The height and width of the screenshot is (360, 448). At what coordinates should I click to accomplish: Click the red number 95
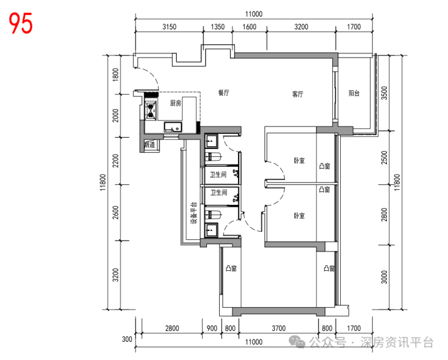click(21, 23)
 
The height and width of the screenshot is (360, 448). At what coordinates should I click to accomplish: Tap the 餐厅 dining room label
click(224, 93)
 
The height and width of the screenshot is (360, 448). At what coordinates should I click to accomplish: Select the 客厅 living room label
click(298, 94)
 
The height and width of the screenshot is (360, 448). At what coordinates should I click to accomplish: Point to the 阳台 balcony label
click(354, 93)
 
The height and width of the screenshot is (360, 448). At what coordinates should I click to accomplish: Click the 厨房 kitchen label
click(176, 103)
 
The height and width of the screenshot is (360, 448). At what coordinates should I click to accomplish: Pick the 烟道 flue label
click(150, 145)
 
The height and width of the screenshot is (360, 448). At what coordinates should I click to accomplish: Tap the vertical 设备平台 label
click(194, 213)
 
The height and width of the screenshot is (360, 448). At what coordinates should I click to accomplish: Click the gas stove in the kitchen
click(151, 110)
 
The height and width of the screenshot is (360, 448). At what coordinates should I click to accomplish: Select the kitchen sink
click(173, 127)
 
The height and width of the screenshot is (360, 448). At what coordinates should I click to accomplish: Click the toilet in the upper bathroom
click(214, 157)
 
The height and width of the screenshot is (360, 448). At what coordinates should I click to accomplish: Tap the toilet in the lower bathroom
click(214, 215)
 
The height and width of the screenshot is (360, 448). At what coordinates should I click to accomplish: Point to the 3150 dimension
click(170, 27)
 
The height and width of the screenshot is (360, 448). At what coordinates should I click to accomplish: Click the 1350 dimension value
click(218, 27)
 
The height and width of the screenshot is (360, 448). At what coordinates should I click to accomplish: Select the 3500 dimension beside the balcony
click(384, 93)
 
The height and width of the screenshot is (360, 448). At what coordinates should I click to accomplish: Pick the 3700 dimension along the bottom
click(278, 328)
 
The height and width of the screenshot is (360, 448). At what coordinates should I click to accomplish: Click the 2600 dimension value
click(116, 213)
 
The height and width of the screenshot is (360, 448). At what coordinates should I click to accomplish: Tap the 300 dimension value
click(127, 339)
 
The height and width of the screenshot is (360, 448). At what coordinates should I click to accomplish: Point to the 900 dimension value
click(212, 328)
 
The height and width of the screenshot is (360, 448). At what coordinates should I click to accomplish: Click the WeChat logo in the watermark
click(297, 342)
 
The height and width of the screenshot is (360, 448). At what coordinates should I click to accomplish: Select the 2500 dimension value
click(384, 158)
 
